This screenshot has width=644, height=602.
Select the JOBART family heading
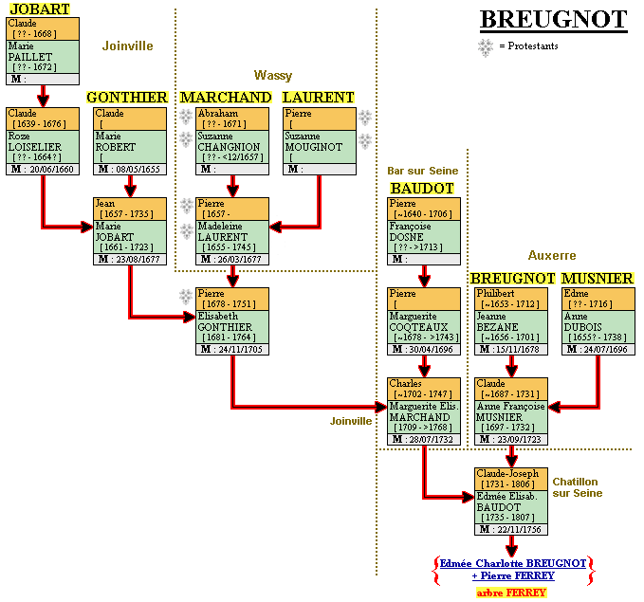click(x=39, y=9)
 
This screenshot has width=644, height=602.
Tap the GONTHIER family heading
click(x=127, y=98)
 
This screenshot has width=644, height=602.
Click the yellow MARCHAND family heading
click(x=226, y=98)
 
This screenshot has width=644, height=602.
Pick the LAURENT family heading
click(x=319, y=98)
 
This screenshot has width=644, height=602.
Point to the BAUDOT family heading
click(x=422, y=189)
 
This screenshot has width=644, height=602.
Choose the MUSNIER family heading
click(x=597, y=279)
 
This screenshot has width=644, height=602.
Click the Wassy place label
click(x=273, y=75)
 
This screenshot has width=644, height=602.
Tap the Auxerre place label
click(x=552, y=256)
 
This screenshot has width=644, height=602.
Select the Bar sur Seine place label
click(x=423, y=171)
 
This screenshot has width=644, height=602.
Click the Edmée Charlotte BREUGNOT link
click(x=513, y=563)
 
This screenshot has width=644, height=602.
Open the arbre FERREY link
click(x=511, y=593)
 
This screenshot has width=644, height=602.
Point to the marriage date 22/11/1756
click(x=517, y=529)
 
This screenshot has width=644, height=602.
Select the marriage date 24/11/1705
click(x=240, y=349)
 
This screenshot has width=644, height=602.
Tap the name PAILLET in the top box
click(x=25, y=57)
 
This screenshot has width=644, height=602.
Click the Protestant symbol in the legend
click(x=486, y=46)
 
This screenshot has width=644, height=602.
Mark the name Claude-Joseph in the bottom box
click(x=507, y=473)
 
